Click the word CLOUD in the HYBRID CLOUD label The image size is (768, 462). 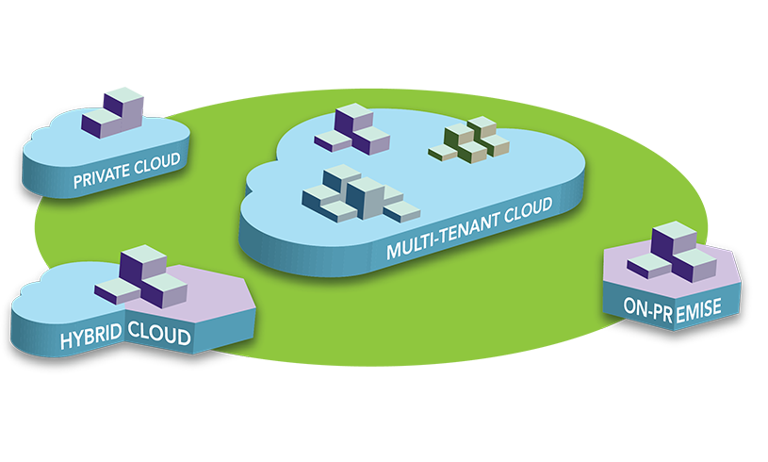(x=157, y=337)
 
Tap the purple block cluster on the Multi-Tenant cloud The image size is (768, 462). (x=352, y=131)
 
